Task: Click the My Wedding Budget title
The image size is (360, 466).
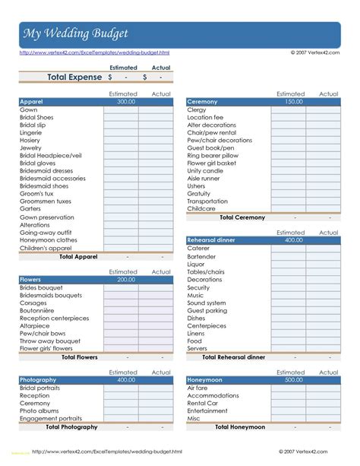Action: click(75, 34)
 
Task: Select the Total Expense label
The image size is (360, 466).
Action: click(74, 77)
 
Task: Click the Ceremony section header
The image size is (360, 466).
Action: click(202, 101)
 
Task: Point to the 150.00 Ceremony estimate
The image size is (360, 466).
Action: click(293, 101)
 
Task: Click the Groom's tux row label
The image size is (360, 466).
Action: click(36, 193)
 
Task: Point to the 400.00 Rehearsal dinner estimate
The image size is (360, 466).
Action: click(293, 240)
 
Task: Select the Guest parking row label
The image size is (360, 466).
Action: click(207, 310)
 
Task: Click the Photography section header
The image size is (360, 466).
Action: click(38, 379)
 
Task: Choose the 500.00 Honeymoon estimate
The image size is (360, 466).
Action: click(293, 379)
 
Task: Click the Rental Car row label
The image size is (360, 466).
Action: click(203, 403)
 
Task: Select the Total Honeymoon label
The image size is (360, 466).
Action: click(240, 427)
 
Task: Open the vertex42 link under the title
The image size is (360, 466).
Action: click(94, 53)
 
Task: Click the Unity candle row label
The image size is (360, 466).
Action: click(205, 171)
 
